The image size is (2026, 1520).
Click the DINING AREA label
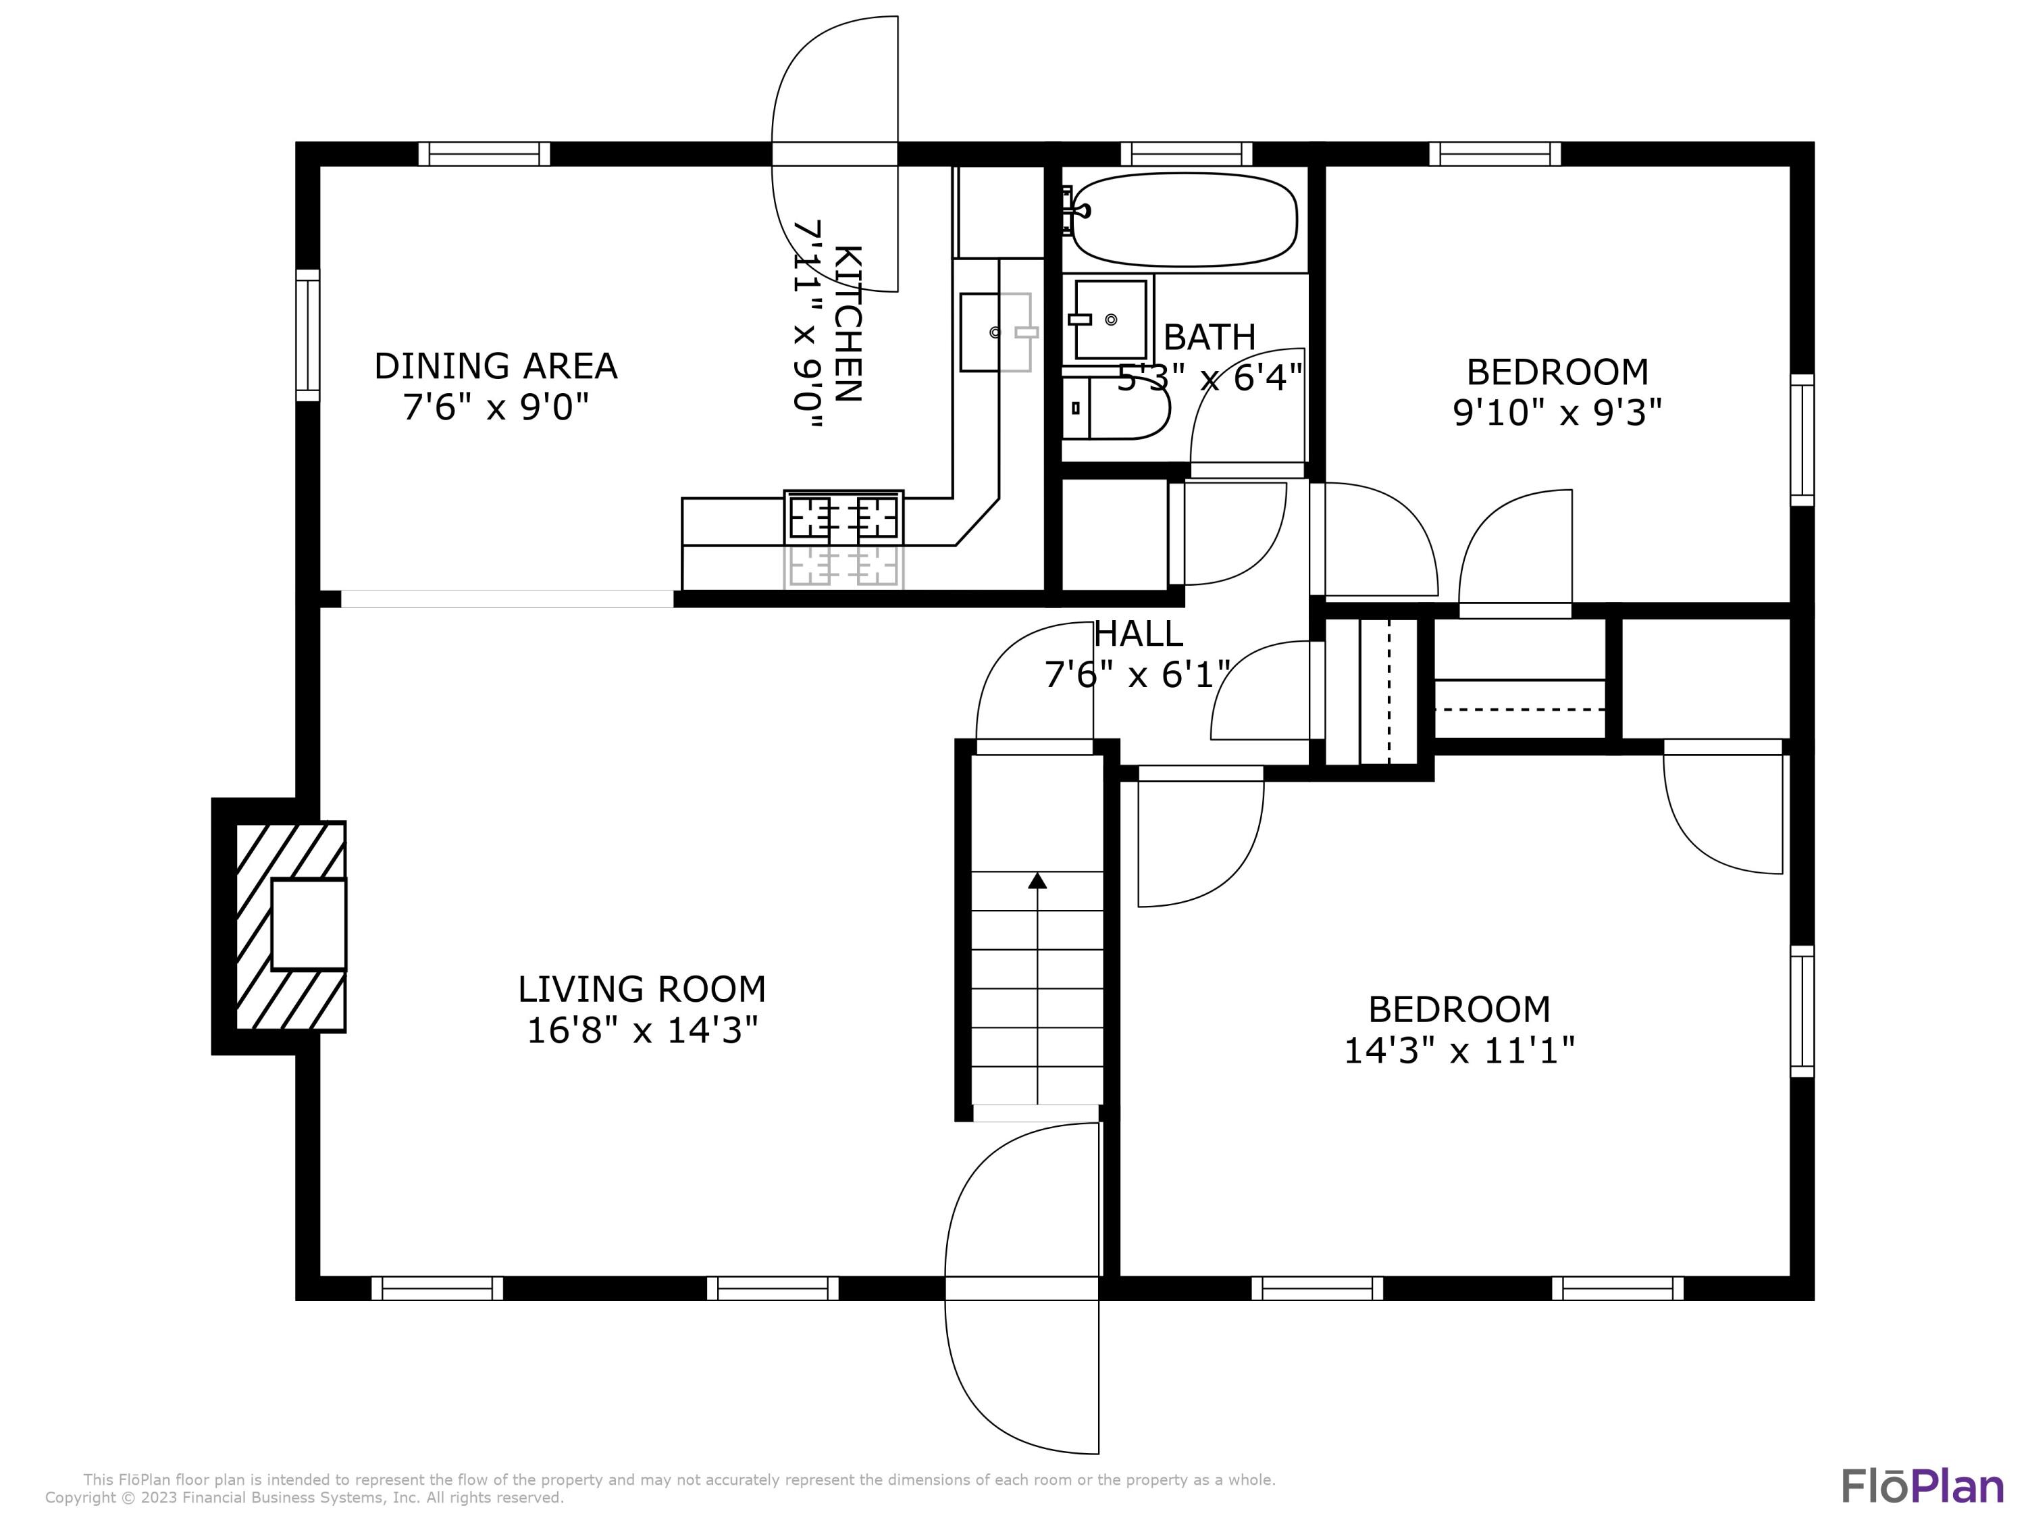[x=496, y=366]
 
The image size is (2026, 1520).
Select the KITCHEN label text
[x=849, y=324]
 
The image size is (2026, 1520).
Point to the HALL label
[x=1139, y=634]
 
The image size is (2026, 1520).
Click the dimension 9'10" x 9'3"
[x=1557, y=412]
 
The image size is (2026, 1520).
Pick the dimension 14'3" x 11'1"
[x=1459, y=1050]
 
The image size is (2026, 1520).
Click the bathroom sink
[x=1110, y=320]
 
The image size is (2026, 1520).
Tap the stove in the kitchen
[x=843, y=517]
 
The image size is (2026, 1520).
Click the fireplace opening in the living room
[x=309, y=924]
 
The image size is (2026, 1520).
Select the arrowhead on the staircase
[x=1037, y=880]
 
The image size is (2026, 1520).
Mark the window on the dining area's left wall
[x=308, y=335]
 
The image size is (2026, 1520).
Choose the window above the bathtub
[x=1186, y=154]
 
